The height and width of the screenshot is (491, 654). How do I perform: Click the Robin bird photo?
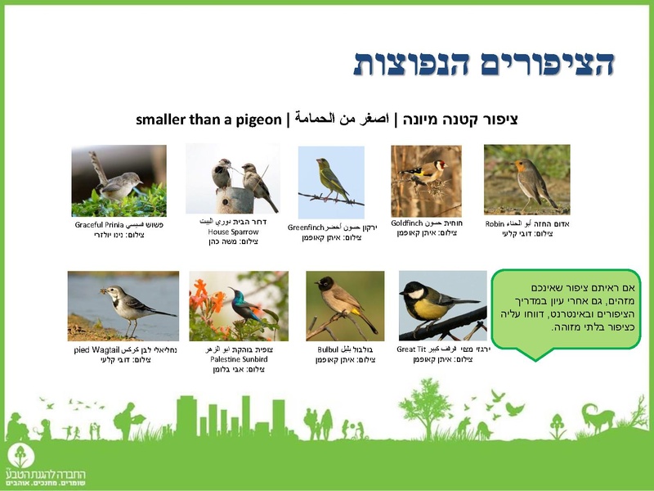point(526,179)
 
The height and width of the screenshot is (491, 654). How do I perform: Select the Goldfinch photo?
point(425,181)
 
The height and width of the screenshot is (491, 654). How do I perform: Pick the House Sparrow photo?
point(233,178)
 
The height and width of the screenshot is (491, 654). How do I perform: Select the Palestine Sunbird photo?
point(239,306)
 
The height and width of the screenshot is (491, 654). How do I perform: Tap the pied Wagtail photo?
point(123,306)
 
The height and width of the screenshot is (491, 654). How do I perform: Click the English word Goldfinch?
point(406,223)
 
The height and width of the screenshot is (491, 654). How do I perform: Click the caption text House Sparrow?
point(232,232)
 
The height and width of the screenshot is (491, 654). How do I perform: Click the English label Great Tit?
point(412,349)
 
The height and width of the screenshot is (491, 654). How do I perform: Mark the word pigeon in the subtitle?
point(258,119)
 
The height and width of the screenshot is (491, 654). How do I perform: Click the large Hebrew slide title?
point(483,63)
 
